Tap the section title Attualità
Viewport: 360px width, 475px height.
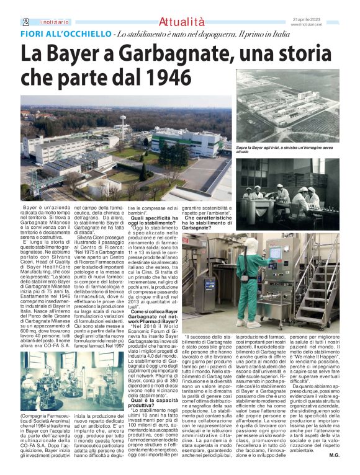180,21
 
